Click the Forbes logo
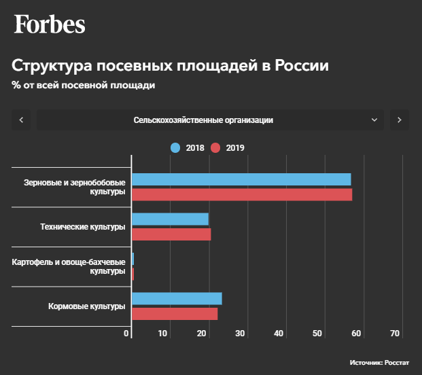[x=50, y=24]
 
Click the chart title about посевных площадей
[x=170, y=67]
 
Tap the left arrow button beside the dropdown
[x=22, y=120]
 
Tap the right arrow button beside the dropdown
[x=399, y=120]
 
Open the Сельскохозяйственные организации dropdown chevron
[x=374, y=120]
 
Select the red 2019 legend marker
[x=215, y=148]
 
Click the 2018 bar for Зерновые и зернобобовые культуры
[x=241, y=179]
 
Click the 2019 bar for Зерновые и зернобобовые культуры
[x=242, y=195]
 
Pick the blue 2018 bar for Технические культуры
[x=170, y=219]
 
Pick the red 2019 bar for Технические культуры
[x=171, y=234]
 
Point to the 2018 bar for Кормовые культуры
[x=177, y=299]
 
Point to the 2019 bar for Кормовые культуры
[x=175, y=314]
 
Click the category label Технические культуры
[x=83, y=227]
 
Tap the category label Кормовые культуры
[x=87, y=306]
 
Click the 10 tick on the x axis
[x=163, y=334]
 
